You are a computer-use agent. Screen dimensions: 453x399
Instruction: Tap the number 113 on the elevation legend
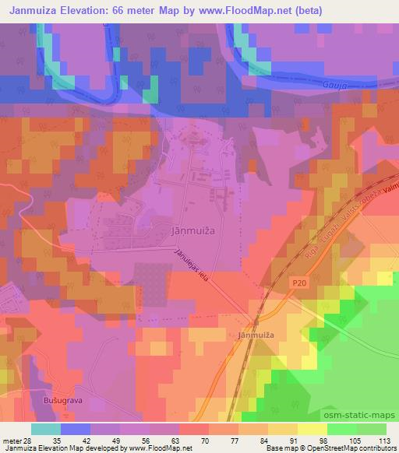tap(384, 441)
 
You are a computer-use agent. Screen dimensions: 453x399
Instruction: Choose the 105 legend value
tap(355, 441)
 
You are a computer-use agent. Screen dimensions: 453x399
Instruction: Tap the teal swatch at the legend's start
tap(45, 429)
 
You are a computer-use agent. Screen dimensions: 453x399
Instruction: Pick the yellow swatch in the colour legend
tap(312, 429)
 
